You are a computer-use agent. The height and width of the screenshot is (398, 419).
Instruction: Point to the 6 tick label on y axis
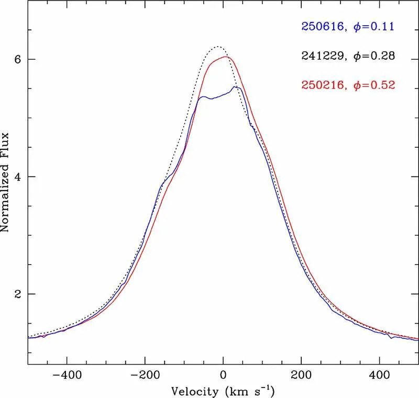tap(17, 60)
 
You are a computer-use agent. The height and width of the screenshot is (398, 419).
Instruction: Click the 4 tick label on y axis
tap(17, 177)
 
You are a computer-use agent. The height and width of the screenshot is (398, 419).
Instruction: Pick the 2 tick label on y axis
tap(17, 294)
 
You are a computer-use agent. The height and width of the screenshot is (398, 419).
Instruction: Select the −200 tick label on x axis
tap(145, 375)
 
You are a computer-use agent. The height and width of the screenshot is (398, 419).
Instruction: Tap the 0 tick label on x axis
tap(223, 375)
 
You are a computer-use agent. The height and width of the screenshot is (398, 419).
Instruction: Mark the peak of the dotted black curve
tap(218, 47)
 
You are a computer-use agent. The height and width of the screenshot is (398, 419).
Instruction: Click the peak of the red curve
tap(225, 57)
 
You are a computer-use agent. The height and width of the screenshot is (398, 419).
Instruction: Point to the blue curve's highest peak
tap(236, 87)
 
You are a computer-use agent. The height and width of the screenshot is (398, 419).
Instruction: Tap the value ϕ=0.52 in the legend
tap(374, 84)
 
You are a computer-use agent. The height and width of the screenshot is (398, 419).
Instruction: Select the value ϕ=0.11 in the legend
tap(374, 26)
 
